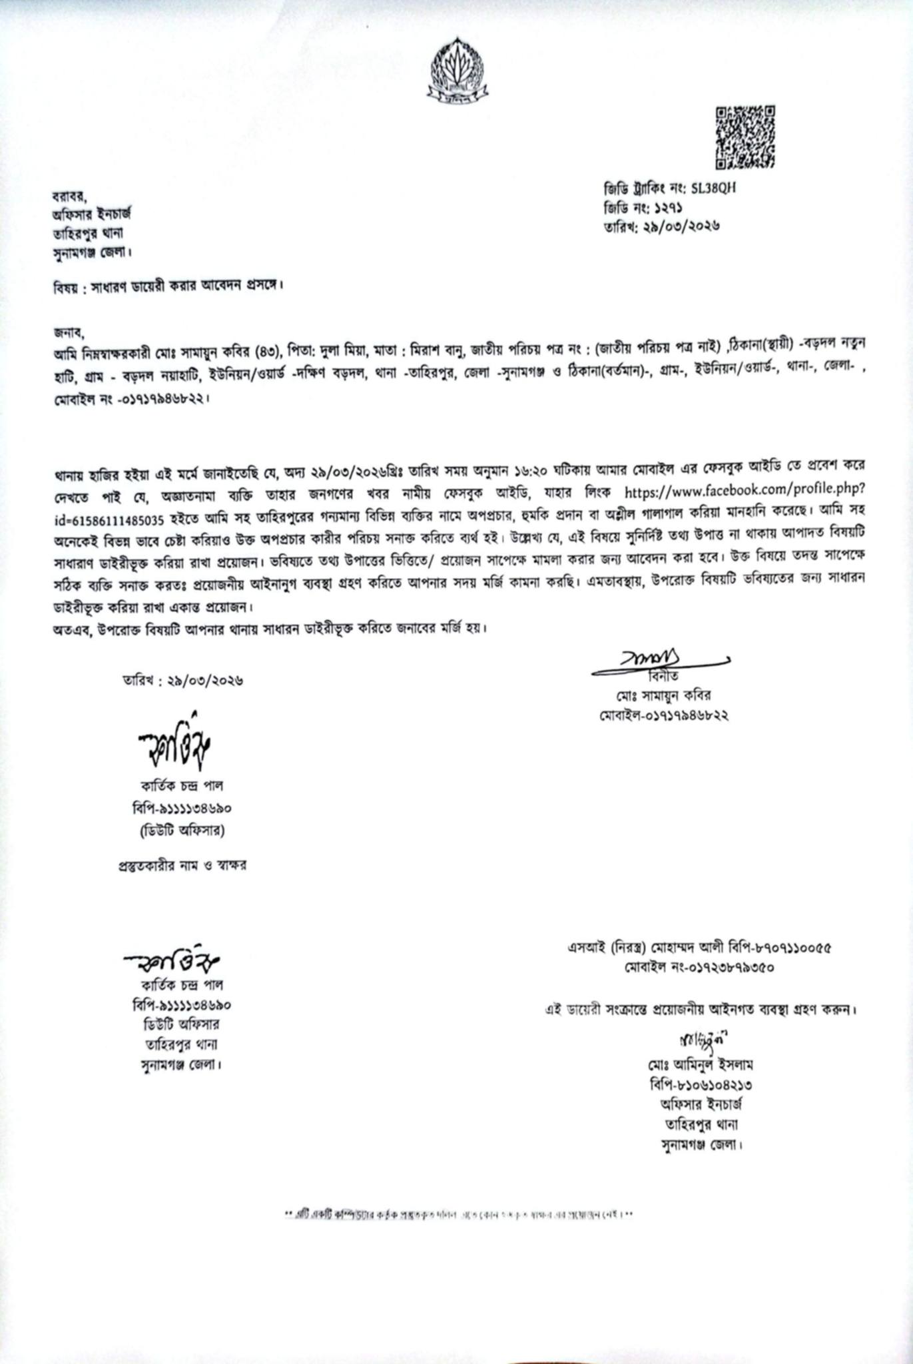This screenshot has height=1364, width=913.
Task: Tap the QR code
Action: (745, 137)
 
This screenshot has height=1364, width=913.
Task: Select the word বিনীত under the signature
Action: (666, 677)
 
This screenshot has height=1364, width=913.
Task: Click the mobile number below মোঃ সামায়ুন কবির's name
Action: (663, 716)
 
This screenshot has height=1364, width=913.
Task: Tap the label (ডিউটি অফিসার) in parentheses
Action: (182, 831)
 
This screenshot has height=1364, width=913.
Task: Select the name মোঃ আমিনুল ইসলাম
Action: (698, 1064)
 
